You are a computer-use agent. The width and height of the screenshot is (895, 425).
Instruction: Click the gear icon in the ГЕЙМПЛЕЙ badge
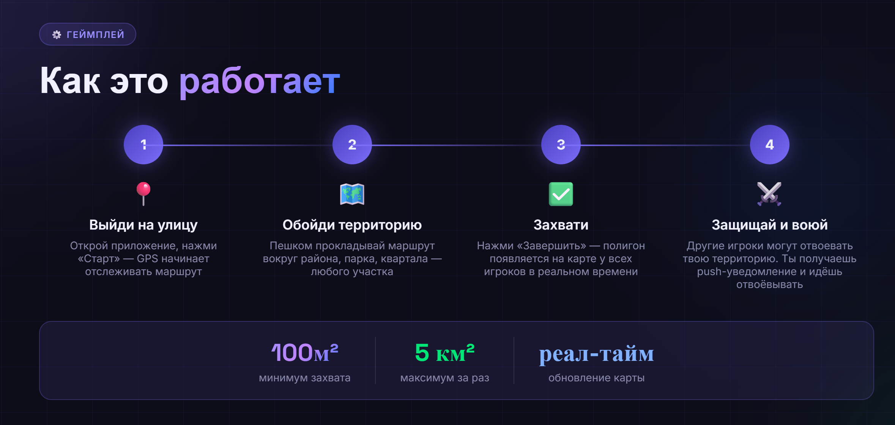(57, 35)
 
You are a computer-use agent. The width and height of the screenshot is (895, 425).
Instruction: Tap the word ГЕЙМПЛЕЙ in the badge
(96, 35)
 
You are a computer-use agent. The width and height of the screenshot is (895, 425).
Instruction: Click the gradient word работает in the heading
(260, 82)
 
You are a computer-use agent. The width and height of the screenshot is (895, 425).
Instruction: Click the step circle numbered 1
(143, 145)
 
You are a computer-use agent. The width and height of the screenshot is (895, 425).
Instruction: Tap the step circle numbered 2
(352, 145)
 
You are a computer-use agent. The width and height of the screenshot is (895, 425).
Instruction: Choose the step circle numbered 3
(561, 145)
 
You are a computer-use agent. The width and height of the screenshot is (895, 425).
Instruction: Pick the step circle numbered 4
(770, 145)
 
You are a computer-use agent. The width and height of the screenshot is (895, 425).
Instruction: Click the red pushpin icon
(143, 194)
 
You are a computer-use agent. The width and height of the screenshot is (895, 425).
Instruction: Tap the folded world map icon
(352, 194)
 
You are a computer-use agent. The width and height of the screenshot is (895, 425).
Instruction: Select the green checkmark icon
(561, 194)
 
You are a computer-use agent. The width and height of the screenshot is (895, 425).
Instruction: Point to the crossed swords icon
(769, 194)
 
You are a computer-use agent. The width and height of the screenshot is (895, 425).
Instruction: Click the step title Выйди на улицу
(143, 225)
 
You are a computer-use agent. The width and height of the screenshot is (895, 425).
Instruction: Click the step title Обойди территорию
(352, 225)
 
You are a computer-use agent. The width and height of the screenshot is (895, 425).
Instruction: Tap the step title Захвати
(561, 225)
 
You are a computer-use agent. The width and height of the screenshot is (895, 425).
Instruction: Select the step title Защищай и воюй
(770, 225)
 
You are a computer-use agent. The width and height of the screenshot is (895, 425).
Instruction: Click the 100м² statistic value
(305, 353)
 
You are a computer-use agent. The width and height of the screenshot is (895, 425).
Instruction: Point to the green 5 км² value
(445, 353)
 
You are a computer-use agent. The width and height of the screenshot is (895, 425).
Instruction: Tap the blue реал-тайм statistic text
(597, 354)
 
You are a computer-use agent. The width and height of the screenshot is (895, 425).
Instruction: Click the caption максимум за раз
(445, 378)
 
